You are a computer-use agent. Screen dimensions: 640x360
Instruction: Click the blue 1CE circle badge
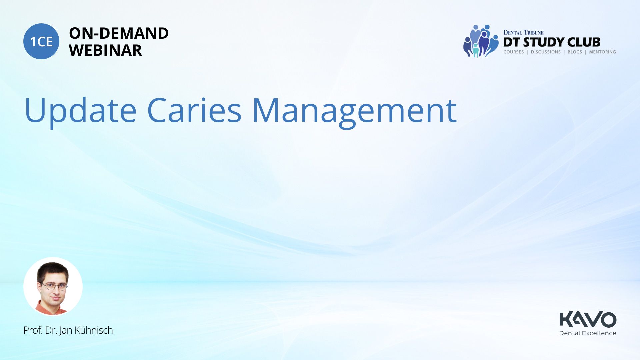point(41,41)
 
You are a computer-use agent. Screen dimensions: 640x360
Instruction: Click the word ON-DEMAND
point(119,33)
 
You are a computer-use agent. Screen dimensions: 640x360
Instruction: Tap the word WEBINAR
point(105,50)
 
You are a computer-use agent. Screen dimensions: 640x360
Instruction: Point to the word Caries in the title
point(194,110)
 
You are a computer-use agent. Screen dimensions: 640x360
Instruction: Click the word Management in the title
point(354,112)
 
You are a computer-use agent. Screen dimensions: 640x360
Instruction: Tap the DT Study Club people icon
point(481,41)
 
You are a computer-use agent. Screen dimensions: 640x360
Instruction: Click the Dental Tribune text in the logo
point(523,33)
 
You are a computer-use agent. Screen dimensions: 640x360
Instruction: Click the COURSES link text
point(514,52)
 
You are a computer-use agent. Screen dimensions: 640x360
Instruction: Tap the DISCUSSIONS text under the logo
point(546,52)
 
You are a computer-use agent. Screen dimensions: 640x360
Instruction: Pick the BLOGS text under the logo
point(575,52)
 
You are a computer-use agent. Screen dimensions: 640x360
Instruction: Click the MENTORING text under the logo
point(602,52)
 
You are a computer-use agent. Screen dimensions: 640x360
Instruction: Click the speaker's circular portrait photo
point(53,286)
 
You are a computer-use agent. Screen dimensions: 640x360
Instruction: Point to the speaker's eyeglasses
point(54,286)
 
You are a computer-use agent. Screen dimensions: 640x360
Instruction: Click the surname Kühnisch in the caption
point(94,330)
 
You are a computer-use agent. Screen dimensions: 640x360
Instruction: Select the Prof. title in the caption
point(33,330)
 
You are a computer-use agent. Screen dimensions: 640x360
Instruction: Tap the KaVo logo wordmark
point(588,320)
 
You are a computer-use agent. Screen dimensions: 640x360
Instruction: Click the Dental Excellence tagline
point(588,333)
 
